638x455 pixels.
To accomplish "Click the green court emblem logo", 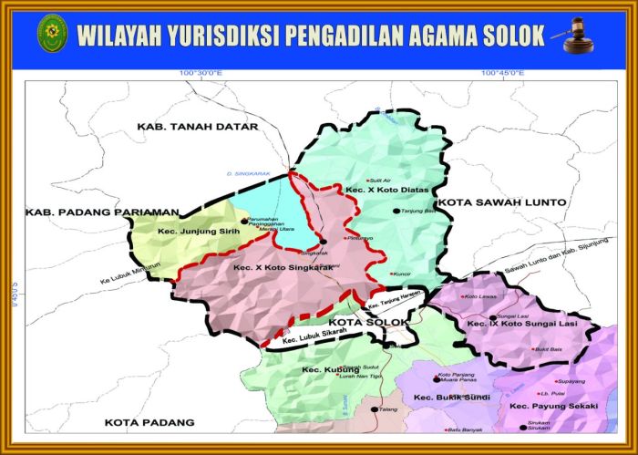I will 51,33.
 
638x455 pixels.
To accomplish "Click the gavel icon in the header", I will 575,35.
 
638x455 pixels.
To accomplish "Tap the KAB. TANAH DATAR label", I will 198,126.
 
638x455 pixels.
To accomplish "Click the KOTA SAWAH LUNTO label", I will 501,202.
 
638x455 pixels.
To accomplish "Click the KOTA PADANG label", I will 149,422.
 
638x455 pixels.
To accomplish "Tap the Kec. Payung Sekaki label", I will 553,405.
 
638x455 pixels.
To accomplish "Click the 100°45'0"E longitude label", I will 505,73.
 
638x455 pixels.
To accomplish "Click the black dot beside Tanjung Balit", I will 396,211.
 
